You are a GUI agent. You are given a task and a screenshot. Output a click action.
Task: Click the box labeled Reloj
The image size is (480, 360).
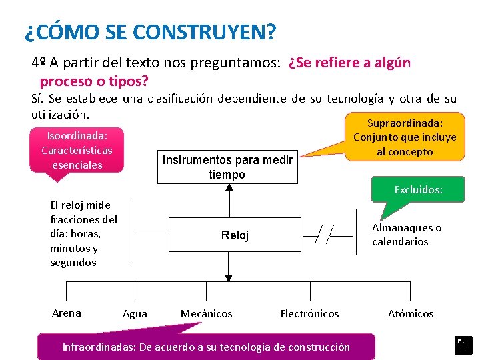click(235, 235)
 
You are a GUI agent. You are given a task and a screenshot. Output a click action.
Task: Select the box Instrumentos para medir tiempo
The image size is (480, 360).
click(228, 167)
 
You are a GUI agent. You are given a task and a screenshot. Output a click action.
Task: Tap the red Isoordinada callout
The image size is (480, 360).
click(77, 150)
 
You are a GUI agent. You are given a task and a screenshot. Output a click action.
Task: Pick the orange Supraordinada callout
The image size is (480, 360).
click(405, 137)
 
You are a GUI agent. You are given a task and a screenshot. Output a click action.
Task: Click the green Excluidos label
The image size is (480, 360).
click(418, 190)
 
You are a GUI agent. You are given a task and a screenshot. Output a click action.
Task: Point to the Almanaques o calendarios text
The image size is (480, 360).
click(407, 235)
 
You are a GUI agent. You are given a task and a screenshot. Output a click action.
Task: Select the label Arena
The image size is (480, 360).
click(66, 313)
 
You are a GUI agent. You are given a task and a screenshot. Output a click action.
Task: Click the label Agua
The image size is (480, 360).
click(135, 314)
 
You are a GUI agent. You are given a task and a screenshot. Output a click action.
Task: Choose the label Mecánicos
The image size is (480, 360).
click(207, 313)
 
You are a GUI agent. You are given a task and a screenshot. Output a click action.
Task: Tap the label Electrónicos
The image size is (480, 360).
click(309, 313)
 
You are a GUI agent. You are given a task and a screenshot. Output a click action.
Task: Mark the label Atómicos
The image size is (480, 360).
click(411, 313)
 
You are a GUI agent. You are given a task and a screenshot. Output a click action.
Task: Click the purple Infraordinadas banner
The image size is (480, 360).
click(206, 347)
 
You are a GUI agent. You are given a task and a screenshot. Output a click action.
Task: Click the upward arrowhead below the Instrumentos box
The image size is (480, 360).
click(229, 187)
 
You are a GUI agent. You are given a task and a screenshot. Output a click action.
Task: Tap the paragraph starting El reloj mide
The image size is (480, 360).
click(83, 233)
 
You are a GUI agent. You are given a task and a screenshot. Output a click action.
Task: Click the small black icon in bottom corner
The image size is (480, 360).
click(463, 345)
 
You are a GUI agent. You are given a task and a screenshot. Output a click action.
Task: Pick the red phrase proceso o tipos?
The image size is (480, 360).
click(94, 81)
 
